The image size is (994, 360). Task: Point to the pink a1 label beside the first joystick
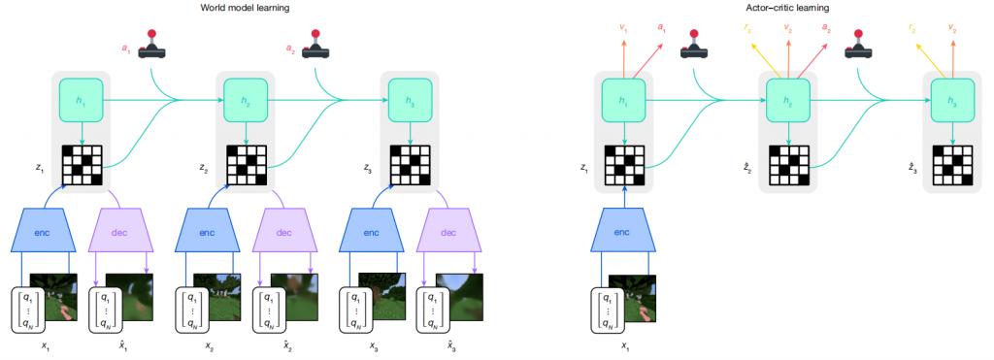(125, 46)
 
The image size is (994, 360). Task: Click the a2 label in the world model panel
(291, 46)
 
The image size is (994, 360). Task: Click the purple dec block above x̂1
(121, 232)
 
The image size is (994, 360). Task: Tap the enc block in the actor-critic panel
(625, 232)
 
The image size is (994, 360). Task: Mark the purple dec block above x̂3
(448, 232)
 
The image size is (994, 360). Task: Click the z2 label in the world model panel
(202, 167)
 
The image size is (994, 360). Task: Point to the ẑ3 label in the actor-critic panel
(911, 167)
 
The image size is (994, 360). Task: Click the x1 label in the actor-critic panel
(625, 344)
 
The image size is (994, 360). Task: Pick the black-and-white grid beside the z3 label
(412, 165)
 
